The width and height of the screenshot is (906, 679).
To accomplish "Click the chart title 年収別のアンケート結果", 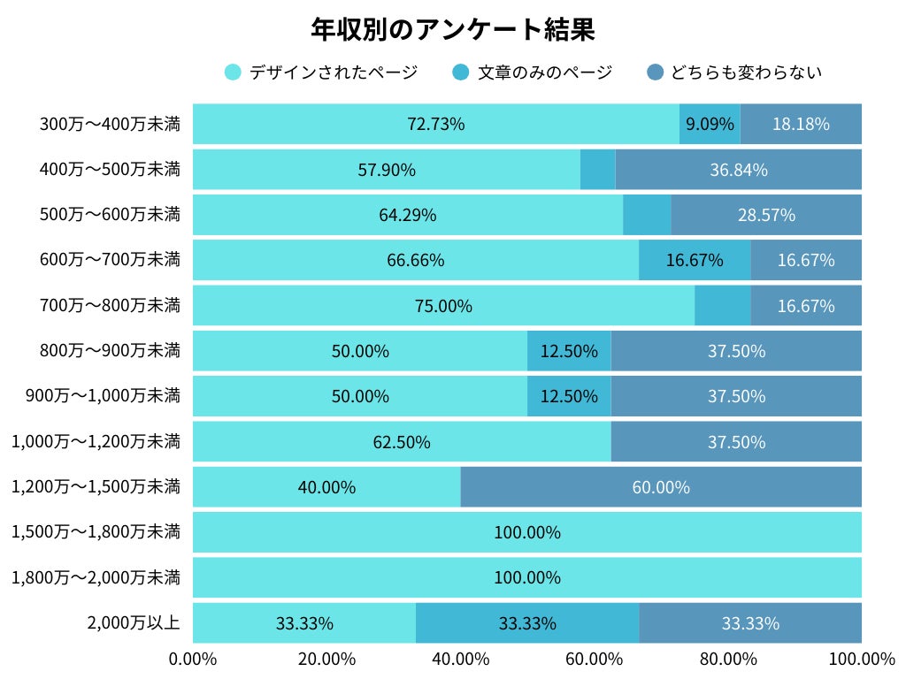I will tap(452, 29).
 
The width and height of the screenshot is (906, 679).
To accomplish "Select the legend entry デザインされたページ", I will tap(322, 72).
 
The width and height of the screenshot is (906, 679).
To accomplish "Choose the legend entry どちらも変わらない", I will tap(734, 72).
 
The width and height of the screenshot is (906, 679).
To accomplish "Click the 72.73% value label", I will tap(435, 124).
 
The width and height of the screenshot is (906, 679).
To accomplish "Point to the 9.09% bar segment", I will tap(710, 124).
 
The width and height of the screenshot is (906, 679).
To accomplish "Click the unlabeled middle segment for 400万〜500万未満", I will tap(597, 169).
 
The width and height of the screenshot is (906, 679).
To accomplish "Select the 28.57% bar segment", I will tap(766, 215).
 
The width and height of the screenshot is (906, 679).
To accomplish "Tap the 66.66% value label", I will tap(416, 260).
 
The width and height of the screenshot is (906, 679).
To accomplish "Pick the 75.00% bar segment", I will tap(443, 306).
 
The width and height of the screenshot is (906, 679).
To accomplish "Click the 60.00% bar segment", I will tap(661, 487).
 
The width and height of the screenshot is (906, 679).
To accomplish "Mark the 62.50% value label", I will tap(402, 442).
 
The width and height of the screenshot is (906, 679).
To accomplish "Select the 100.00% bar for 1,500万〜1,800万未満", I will tap(527, 532).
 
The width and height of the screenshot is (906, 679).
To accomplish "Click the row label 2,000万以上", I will tap(133, 622).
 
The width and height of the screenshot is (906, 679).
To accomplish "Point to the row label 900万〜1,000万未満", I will tap(103, 395).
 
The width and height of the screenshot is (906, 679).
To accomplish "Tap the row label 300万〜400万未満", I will tap(110, 124).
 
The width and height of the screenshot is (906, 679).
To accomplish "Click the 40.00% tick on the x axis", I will tap(461, 659).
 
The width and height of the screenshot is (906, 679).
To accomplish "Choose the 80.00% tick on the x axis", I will tap(727, 659).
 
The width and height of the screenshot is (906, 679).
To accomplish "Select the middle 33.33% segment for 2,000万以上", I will tap(527, 623).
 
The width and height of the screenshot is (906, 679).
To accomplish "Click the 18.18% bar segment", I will tap(801, 124).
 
